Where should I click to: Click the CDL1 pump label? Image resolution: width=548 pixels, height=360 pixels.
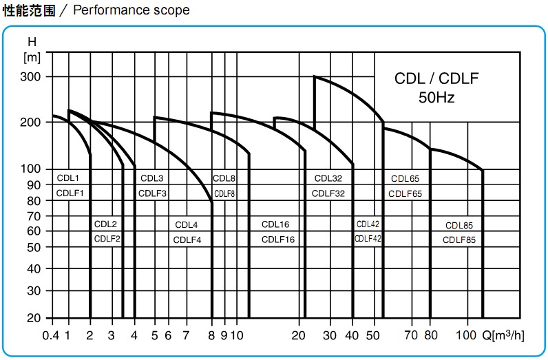tap(68, 178)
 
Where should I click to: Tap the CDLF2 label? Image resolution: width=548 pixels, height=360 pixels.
tap(107, 239)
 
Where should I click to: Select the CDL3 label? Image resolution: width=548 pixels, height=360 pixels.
tap(151, 178)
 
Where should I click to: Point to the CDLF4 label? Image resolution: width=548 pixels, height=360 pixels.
tap(187, 240)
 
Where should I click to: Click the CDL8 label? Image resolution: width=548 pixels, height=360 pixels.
tap(224, 178)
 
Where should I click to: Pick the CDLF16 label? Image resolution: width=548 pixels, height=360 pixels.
tap(278, 240)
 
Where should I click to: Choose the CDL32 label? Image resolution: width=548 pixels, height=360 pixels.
tap(328, 178)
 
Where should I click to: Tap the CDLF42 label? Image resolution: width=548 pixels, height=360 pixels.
tap(368, 238)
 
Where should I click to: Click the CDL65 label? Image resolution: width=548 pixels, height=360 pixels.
tap(405, 178)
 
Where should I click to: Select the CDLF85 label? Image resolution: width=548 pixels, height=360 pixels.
tap(459, 240)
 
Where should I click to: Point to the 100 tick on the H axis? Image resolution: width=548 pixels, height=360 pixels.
tap(33, 169)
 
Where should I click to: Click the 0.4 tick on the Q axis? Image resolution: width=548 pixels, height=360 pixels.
tap(50, 336)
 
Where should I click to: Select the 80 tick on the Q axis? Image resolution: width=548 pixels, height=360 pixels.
tap(431, 336)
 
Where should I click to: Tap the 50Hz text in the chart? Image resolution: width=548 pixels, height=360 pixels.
tap(436, 97)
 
